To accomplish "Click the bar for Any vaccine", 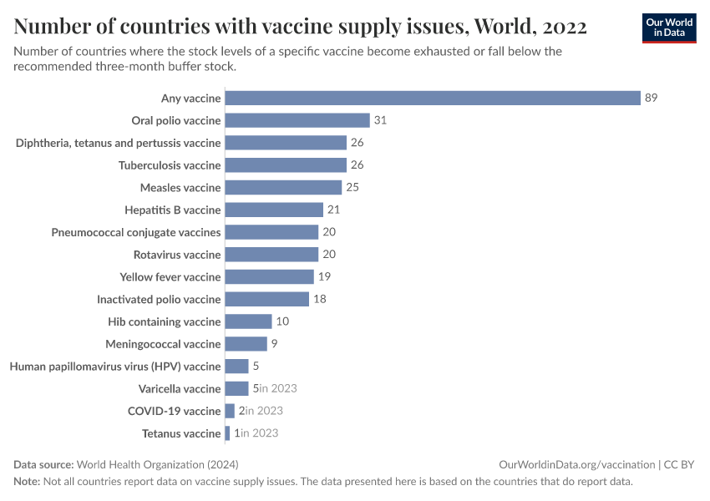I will point(433,98).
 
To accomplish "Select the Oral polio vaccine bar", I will point(297,120).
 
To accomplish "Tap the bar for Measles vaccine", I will point(284,187).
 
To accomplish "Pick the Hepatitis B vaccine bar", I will point(274,210).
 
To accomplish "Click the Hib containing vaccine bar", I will point(249,321).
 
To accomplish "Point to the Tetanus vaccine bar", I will point(228,433).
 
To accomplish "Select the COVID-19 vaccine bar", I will point(230,411).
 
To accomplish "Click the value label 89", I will point(652,98).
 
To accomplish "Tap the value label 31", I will point(380,120).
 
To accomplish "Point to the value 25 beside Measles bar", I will point(352,187).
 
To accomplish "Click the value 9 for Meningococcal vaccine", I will point(275,344).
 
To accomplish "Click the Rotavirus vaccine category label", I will point(177,255).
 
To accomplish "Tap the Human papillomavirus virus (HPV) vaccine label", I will point(115,367).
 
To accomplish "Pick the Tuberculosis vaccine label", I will point(170,165).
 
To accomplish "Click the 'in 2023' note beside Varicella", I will point(278,388).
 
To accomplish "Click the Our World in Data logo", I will point(669,28).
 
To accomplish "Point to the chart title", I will point(300,27).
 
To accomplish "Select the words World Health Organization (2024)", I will point(162,464).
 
